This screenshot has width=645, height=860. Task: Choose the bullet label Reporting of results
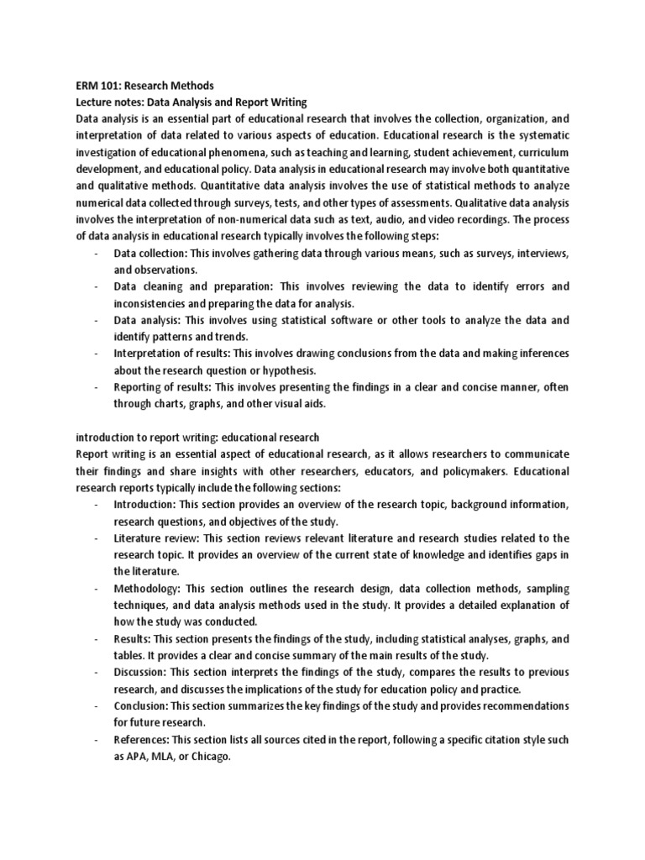162,386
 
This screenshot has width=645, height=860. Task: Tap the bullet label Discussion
140,673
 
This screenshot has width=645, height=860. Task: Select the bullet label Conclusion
143,706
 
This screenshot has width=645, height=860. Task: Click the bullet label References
142,740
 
